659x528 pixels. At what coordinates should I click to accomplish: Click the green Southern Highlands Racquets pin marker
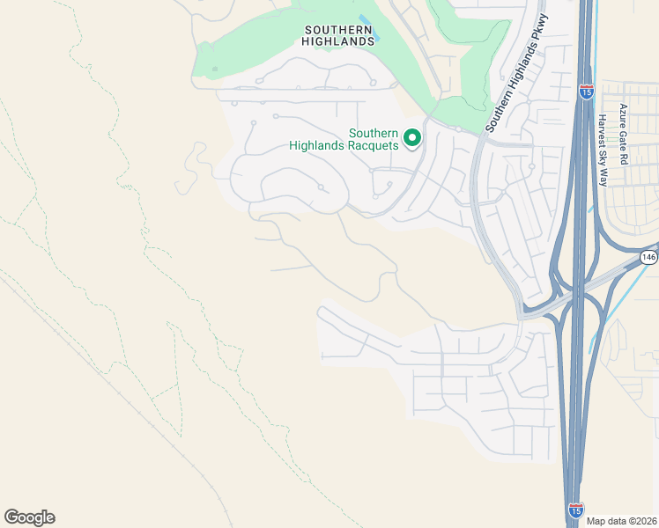[411, 137]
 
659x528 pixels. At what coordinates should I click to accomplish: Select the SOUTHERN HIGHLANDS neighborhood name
[338, 34]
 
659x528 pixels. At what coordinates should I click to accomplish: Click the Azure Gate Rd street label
[622, 135]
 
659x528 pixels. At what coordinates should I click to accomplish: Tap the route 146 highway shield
[648, 257]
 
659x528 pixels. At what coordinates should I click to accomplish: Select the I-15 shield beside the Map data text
[574, 510]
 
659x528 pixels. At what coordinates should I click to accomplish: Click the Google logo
[29, 517]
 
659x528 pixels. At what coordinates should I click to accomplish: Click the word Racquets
[373, 145]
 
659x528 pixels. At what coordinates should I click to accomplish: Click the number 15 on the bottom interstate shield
[574, 510]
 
